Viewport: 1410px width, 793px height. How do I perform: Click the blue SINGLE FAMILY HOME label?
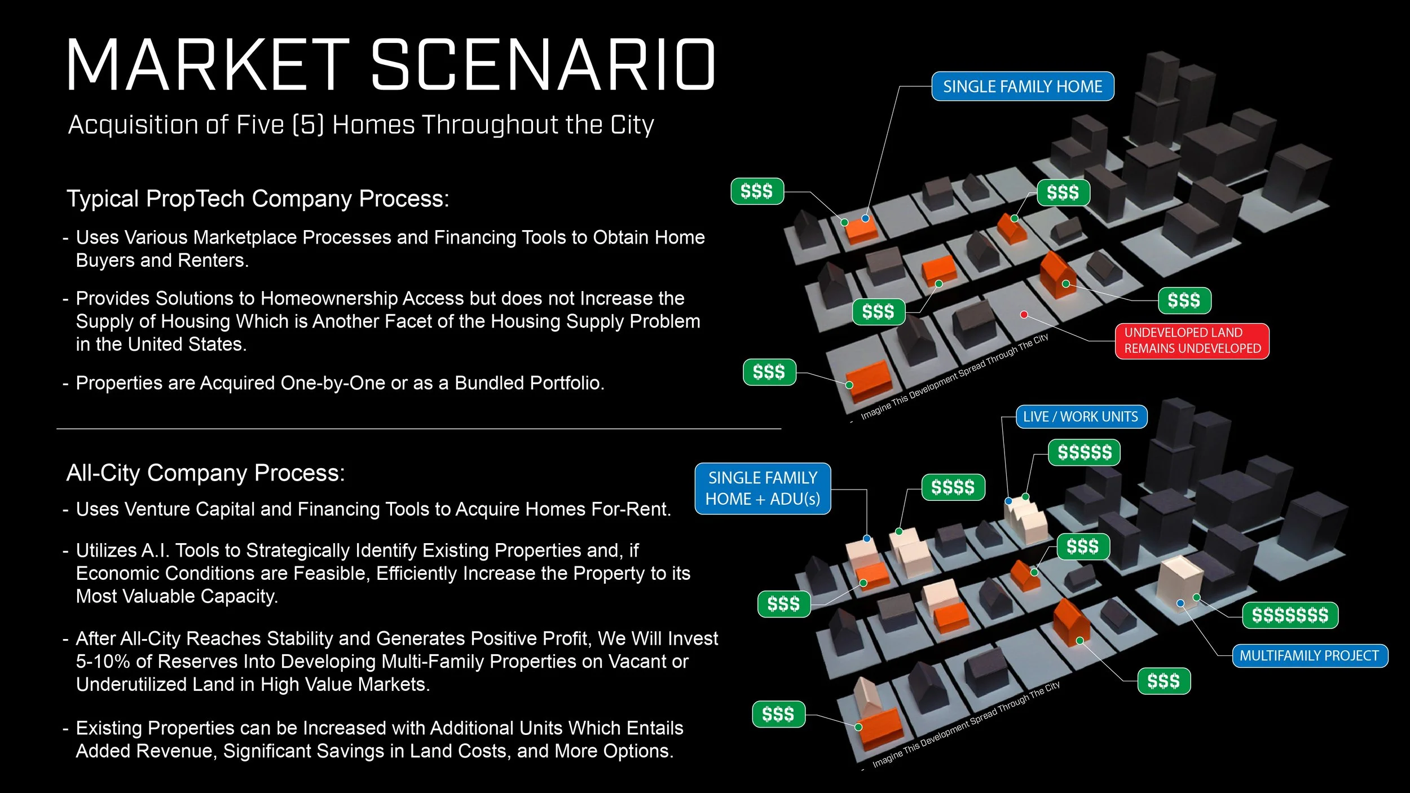pos(1022,86)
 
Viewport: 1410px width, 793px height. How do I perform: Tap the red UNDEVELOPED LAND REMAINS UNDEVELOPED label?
pos(1192,341)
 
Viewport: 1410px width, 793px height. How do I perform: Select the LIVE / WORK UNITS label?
pos(1081,417)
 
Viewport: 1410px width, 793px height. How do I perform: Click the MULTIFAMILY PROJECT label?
pos(1309,655)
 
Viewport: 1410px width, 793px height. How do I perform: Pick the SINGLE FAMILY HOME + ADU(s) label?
pos(763,488)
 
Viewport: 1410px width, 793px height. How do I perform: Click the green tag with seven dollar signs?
pos(1290,615)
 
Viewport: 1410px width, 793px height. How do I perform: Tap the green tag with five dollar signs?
pos(1084,452)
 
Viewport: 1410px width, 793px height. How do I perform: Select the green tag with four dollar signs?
pos(953,487)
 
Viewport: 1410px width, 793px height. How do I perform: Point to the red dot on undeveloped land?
pos(1024,315)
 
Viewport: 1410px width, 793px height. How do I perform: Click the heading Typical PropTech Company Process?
pos(258,199)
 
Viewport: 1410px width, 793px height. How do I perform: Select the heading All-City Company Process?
pos(205,473)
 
